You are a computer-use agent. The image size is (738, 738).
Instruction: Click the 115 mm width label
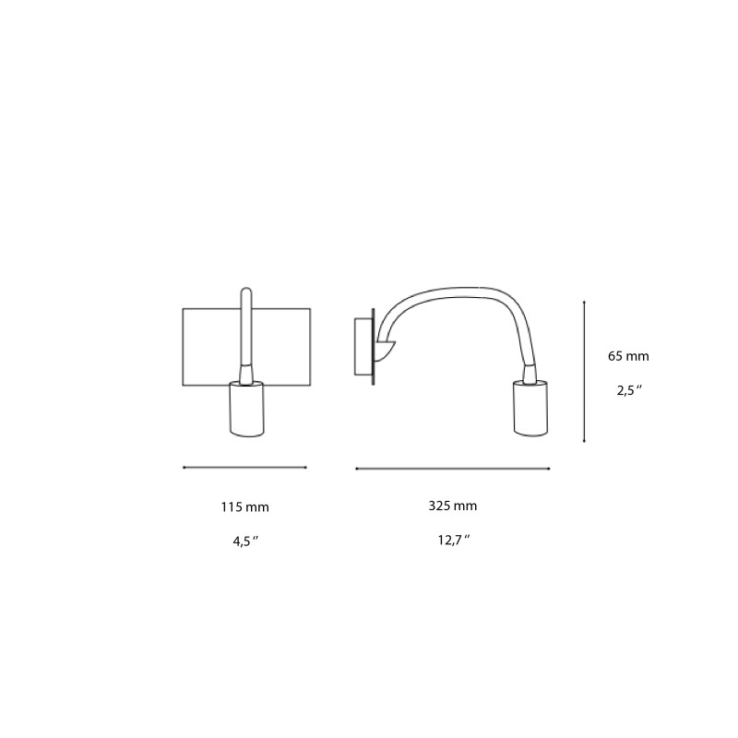(244, 506)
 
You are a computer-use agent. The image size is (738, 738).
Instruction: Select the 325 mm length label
(453, 506)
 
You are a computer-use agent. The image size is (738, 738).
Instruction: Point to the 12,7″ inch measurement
(453, 541)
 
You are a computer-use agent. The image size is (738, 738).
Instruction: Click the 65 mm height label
(628, 355)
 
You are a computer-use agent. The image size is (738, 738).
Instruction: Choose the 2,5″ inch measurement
(628, 390)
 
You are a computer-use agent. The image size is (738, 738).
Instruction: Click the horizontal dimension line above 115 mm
(244, 468)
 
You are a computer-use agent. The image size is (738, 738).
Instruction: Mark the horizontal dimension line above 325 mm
(453, 469)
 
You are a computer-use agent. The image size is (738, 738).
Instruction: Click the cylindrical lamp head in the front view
(246, 408)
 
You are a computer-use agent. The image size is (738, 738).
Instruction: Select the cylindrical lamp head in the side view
(530, 408)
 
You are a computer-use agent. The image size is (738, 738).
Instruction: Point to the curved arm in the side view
(452, 293)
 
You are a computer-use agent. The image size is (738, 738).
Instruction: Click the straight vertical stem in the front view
(246, 327)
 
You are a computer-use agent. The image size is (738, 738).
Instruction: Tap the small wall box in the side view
(363, 347)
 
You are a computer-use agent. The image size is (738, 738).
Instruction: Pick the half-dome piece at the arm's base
(384, 349)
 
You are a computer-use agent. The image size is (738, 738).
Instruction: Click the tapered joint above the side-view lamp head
(530, 373)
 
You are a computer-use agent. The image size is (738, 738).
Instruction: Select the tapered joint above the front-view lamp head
(246, 373)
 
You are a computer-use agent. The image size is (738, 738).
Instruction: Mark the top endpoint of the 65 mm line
(585, 301)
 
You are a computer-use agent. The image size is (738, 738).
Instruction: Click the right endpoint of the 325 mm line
(549, 469)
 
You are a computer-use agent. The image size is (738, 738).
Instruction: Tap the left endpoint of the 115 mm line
(184, 468)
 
